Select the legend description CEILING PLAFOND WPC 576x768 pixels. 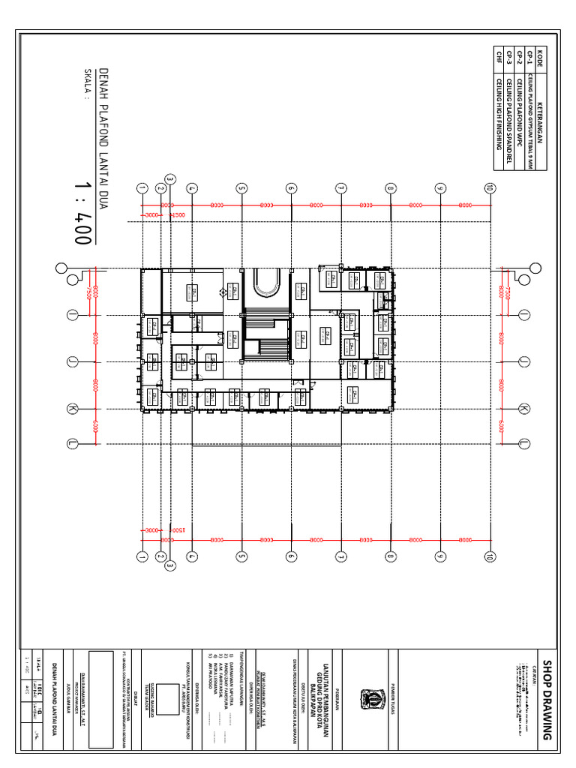(519, 113)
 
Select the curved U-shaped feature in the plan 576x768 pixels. (266, 283)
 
